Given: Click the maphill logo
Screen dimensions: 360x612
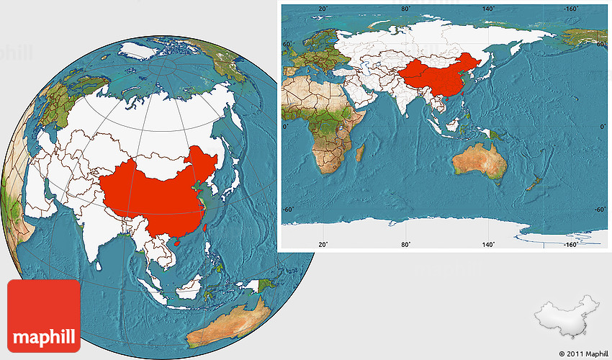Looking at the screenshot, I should point(44,317).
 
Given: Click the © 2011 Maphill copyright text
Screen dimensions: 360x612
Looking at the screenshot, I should point(583,354).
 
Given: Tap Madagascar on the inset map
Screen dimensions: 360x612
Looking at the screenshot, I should point(361,152).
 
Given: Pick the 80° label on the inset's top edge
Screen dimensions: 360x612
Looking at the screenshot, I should point(406,9).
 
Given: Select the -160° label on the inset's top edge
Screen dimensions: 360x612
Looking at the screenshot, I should point(571,9).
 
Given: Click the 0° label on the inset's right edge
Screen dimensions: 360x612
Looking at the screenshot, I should point(603,127).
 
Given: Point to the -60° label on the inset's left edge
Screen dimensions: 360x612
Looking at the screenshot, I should point(288,210).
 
